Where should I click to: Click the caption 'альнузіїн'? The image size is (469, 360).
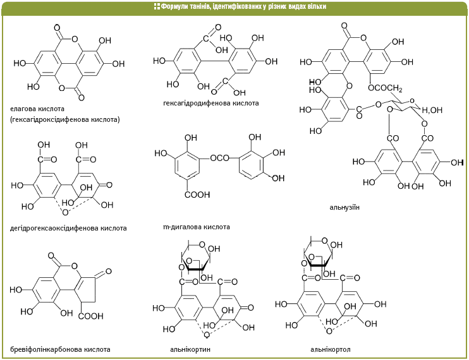pyautogui.click(x=344, y=207)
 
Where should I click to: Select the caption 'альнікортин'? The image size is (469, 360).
pyautogui.click(x=190, y=349)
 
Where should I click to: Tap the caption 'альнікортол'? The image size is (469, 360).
pyautogui.click(x=330, y=349)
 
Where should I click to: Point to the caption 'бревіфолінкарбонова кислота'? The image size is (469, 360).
pyautogui.click(x=60, y=349)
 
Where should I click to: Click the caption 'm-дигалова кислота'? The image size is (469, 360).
pyautogui.click(x=197, y=227)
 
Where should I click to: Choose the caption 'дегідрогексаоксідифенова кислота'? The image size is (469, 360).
pyautogui.click(x=68, y=228)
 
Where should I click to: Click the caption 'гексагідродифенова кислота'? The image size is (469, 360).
pyautogui.click(x=211, y=103)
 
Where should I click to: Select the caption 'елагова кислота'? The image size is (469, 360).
pyautogui.click(x=37, y=109)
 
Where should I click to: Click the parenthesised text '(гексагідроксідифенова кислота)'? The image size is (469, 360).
pyautogui.click(x=65, y=119)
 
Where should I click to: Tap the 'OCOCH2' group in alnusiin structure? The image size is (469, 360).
pyautogui.click(x=385, y=88)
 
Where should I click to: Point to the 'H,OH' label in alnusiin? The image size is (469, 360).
pyautogui.click(x=432, y=110)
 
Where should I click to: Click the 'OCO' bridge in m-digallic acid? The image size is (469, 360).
pyautogui.click(x=219, y=158)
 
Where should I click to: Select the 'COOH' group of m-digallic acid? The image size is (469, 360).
pyautogui.click(x=197, y=195)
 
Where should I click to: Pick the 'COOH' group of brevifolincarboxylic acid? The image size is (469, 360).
pyautogui.click(x=90, y=316)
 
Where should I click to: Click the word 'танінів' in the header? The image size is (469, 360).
pyautogui.click(x=200, y=6)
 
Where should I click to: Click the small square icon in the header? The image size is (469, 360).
pyautogui.click(x=157, y=6)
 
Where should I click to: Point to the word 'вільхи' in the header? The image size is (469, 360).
pyautogui.click(x=317, y=6)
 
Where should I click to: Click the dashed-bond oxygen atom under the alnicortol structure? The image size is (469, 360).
pyautogui.click(x=329, y=331)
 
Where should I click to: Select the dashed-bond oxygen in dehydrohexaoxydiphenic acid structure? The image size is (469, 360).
pyautogui.click(x=65, y=212)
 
